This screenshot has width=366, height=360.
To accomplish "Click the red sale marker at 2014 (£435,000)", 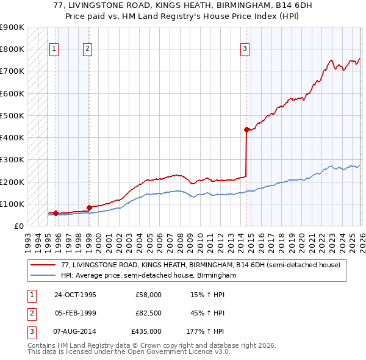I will (x=246, y=129).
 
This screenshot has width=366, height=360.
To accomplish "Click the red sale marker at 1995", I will (x=56, y=213).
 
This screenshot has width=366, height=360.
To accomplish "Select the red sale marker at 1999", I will (x=89, y=207).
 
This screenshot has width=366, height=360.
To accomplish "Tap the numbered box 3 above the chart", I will (x=245, y=49).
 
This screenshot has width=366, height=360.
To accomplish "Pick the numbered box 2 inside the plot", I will (x=88, y=49).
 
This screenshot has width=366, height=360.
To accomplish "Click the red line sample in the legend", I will (x=44, y=265).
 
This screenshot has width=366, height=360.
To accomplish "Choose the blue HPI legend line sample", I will (x=44, y=276).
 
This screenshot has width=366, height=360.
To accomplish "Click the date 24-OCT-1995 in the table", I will (x=75, y=295).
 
